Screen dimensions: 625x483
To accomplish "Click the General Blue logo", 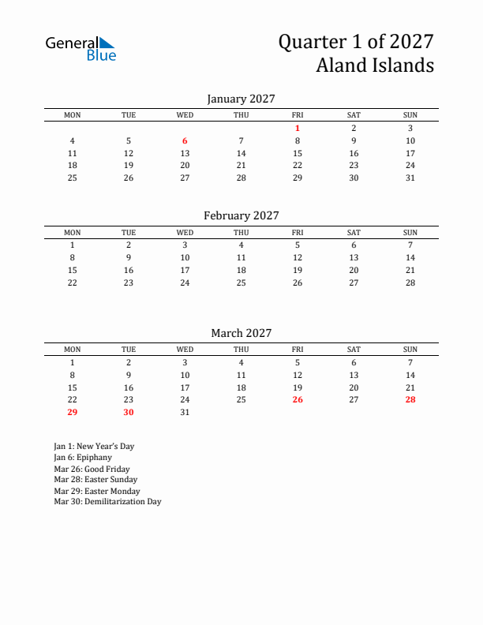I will (x=80, y=48).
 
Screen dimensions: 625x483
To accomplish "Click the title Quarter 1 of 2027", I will (x=356, y=42).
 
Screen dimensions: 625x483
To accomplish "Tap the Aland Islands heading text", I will (x=375, y=65).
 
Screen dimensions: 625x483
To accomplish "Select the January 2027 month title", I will (x=241, y=99).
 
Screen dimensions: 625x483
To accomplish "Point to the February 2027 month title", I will (x=241, y=215).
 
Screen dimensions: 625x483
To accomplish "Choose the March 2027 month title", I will (x=241, y=333).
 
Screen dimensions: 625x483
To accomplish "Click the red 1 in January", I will (x=298, y=128).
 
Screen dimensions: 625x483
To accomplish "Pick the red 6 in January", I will (x=185, y=140).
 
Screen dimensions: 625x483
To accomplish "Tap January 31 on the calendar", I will (x=410, y=178).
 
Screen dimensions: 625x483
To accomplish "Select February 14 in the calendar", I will (x=410, y=257).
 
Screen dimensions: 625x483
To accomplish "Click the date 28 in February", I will (x=410, y=283).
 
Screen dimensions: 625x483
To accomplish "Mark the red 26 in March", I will (x=298, y=399).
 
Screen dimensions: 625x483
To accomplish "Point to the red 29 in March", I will (x=73, y=412).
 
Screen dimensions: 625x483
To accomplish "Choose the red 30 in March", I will (x=129, y=412).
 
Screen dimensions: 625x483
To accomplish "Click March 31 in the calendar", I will (x=185, y=412).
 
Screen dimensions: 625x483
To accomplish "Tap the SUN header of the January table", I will (x=410, y=115).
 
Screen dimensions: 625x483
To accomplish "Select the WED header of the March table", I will (x=185, y=350).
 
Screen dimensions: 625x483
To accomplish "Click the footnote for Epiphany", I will (x=83, y=457).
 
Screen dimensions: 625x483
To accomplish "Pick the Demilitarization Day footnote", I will (x=107, y=501).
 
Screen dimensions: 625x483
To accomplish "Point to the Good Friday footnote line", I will (x=92, y=468).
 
